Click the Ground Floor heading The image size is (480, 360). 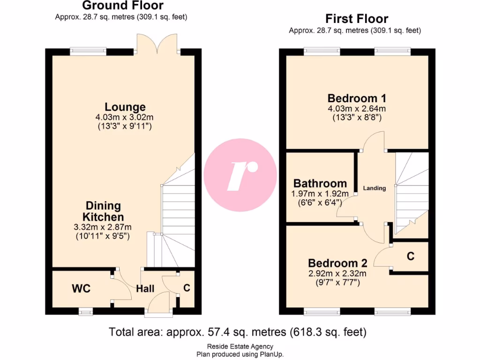point(123,6)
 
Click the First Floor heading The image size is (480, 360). point(357,19)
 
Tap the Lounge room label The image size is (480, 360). point(125,107)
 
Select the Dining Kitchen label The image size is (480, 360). point(104,211)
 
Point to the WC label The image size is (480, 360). point(81,288)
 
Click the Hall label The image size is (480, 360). point(145,289)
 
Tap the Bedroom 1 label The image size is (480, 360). point(357,98)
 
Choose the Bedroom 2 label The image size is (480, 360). point(337,263)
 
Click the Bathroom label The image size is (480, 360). point(320,183)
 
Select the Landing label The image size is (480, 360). point(375,188)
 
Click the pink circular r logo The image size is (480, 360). point(240,175)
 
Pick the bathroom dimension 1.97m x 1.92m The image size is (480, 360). point(321,194)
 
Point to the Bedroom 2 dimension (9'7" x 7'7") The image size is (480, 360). point(337,282)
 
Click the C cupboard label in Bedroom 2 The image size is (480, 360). point(410,256)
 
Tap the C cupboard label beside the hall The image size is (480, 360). point(187,288)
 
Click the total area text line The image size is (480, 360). point(238,332)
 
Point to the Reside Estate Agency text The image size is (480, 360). point(240,347)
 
